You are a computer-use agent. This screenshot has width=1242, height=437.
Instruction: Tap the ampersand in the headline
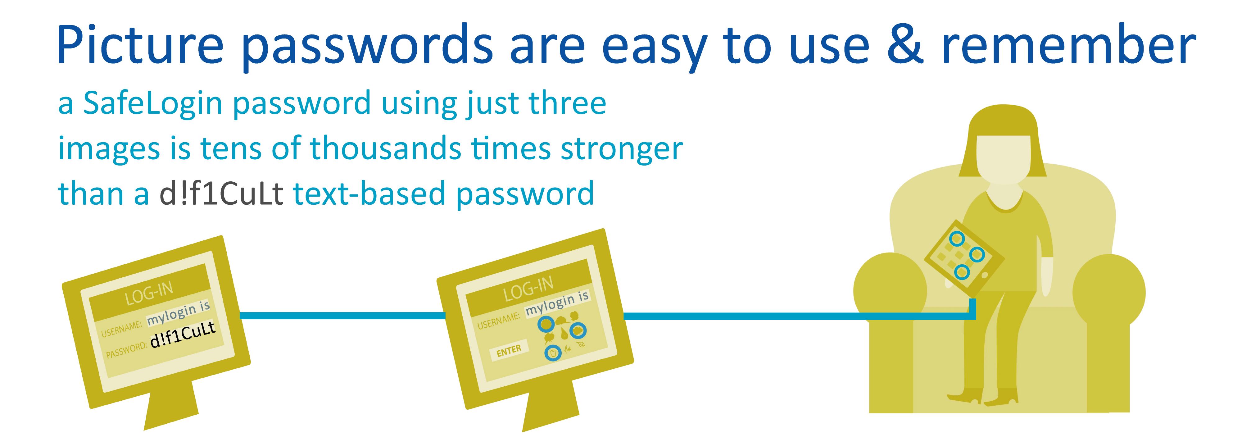point(905,44)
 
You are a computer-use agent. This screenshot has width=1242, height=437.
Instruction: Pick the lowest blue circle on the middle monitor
point(553,353)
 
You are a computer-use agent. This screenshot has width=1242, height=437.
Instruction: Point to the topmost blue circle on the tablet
point(957,238)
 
